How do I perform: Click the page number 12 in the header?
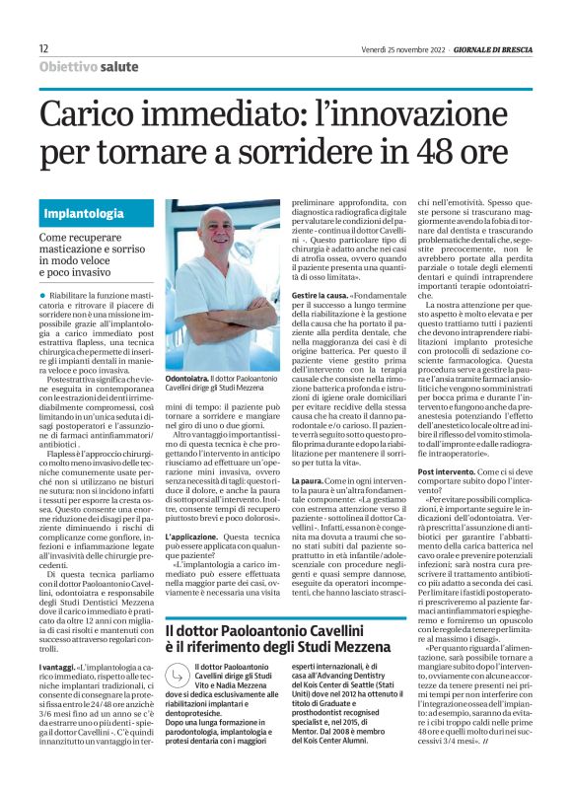pos(43,48)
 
